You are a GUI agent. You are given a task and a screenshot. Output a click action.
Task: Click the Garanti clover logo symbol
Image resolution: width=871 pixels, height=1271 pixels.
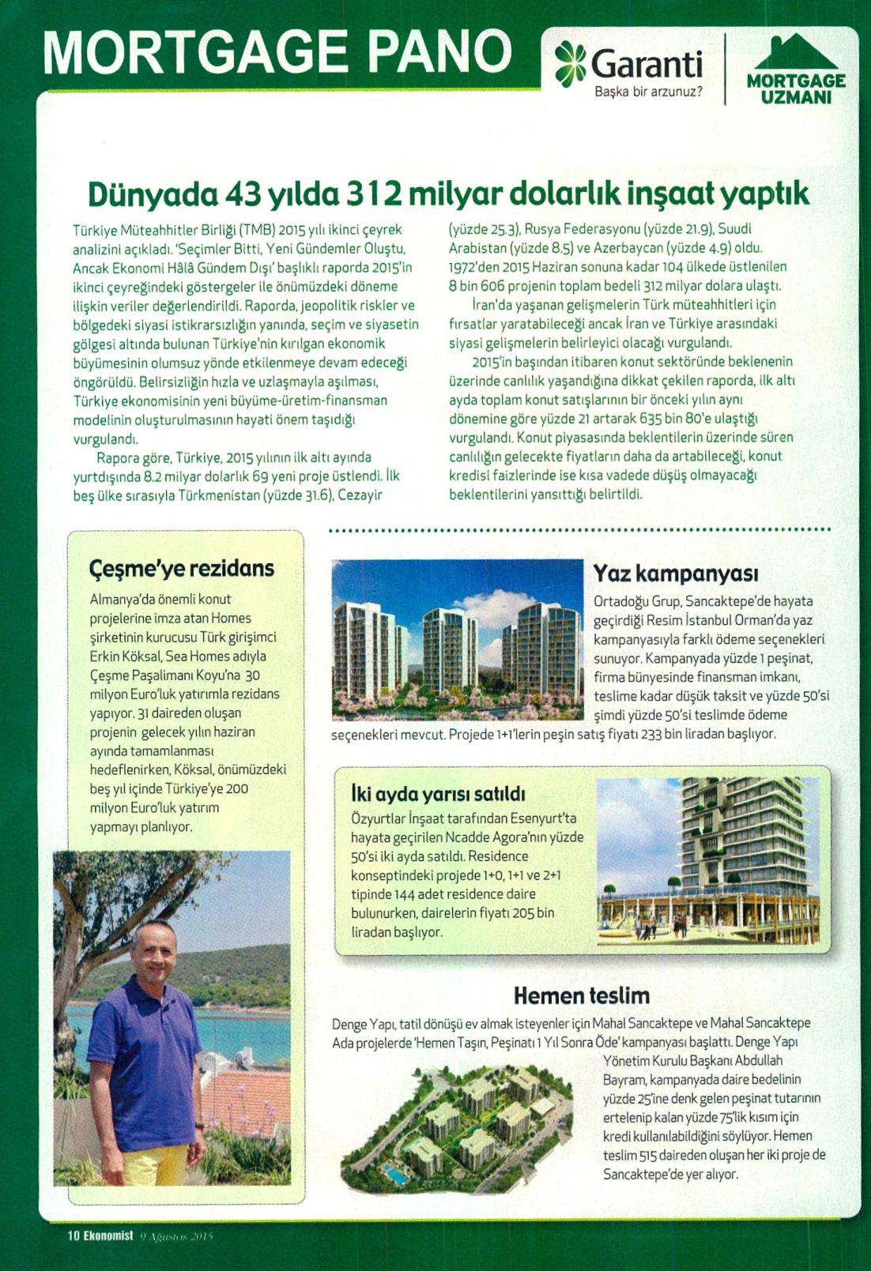coord(570,63)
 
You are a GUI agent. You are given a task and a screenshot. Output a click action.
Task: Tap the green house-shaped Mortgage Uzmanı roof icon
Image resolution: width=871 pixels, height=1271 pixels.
coord(795,53)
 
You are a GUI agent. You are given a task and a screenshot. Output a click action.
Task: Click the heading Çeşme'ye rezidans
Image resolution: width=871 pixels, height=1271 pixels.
coord(182,569)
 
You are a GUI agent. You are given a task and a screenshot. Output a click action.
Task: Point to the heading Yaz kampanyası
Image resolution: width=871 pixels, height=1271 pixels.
coord(676,573)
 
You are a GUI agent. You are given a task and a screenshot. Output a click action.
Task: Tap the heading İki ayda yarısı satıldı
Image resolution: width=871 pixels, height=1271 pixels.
coord(438,794)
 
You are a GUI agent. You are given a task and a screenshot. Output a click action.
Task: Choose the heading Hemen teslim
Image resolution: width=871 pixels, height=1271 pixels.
coord(581,995)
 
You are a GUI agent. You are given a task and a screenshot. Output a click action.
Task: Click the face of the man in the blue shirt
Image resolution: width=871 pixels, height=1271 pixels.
coord(153,953)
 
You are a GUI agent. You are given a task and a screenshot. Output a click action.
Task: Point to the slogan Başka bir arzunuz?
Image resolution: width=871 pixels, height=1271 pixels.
coord(648,92)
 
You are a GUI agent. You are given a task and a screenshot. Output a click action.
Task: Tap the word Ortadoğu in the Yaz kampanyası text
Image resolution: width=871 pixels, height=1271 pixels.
coord(620,602)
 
